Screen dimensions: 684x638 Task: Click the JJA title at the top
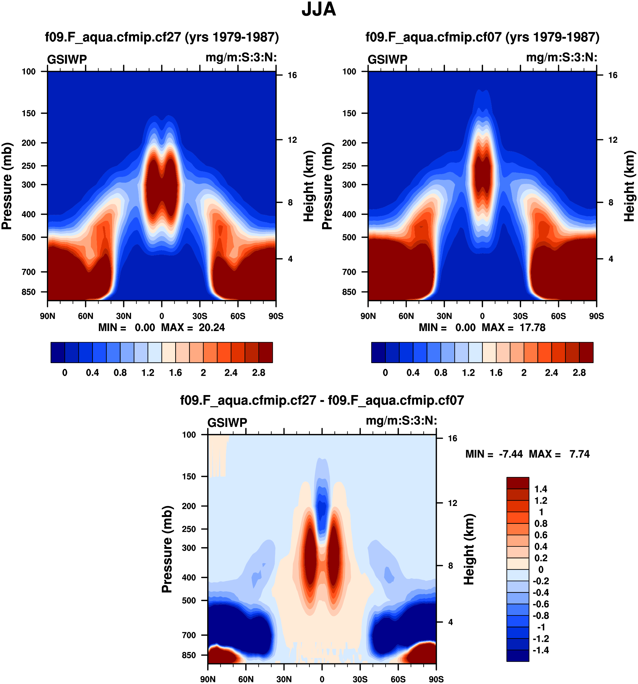318,10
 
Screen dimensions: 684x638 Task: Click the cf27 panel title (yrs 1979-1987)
162,37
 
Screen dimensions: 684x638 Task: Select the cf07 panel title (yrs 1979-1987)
482,37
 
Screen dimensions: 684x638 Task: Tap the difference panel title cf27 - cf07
322,400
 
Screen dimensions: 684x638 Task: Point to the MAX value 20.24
212,327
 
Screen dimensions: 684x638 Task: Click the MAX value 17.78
532,327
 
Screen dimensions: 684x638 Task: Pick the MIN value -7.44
511,454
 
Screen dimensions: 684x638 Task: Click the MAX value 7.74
579,454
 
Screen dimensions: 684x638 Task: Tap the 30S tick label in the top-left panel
200,316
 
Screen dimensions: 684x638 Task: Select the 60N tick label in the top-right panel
406,316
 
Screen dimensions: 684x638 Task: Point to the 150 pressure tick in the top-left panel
29,113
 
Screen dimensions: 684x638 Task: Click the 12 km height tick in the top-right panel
613,140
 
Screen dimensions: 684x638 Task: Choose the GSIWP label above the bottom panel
227,423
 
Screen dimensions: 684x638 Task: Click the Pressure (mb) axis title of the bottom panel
167,549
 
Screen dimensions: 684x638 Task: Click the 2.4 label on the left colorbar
231,373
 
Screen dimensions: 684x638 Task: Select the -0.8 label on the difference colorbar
541,616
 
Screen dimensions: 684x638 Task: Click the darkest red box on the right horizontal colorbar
586,352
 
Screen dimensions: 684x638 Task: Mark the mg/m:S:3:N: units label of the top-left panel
241,57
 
